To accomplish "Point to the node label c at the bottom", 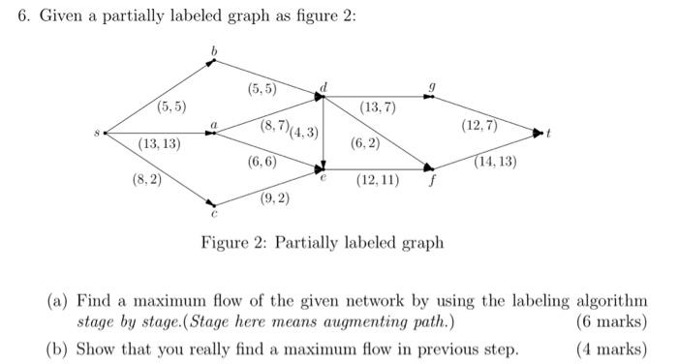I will (x=214, y=216).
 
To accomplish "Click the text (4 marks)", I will (x=611, y=349).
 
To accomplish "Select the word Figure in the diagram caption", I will (x=225, y=242).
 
